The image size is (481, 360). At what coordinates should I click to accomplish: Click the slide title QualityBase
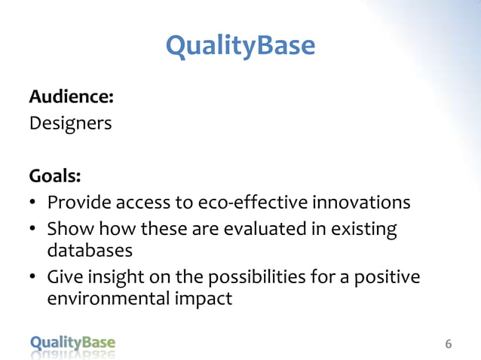(240, 47)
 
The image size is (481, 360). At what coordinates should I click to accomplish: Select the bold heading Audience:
(72, 97)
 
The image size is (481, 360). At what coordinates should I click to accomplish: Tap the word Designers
(70, 123)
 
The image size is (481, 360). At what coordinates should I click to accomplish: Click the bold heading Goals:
(55, 175)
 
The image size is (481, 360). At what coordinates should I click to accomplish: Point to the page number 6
(449, 344)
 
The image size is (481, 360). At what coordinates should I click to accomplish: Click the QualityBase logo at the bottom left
(73, 343)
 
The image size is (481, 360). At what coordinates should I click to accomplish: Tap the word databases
(90, 249)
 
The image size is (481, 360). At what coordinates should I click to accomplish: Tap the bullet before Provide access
(34, 203)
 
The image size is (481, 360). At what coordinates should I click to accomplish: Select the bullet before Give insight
(34, 277)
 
